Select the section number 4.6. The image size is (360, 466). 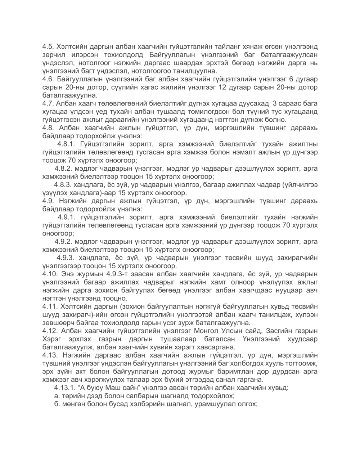[x=48, y=79]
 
